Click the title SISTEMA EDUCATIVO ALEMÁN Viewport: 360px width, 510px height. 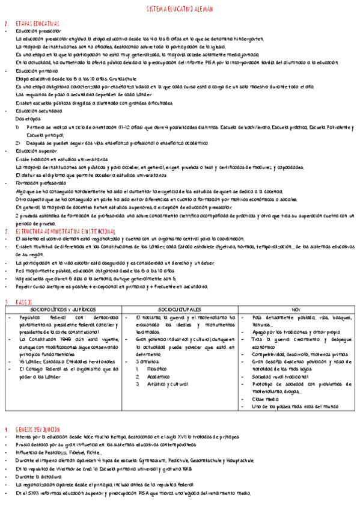[x=179, y=10]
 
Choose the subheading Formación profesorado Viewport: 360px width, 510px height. [x=41, y=182]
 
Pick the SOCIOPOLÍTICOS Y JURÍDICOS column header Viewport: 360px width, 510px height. [x=63, y=309]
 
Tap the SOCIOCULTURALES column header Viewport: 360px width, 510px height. [x=180, y=309]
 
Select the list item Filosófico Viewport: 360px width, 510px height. [x=159, y=369]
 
